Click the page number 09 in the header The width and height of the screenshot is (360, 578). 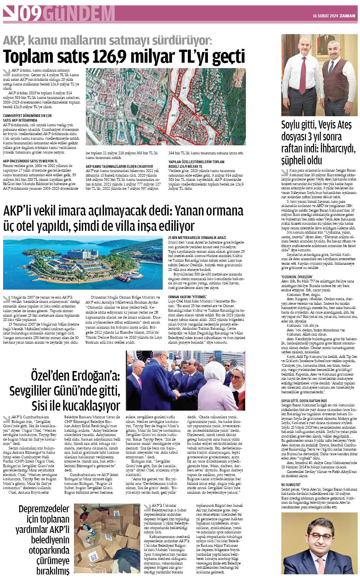[30, 14]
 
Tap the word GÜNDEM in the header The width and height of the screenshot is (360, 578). [79, 14]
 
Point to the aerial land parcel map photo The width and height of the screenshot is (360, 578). [166, 107]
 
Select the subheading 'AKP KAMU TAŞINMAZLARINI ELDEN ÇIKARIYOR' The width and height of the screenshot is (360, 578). [119, 167]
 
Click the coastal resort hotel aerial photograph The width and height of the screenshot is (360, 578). [83, 262]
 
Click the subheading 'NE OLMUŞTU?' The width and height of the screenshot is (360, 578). [291, 484]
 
